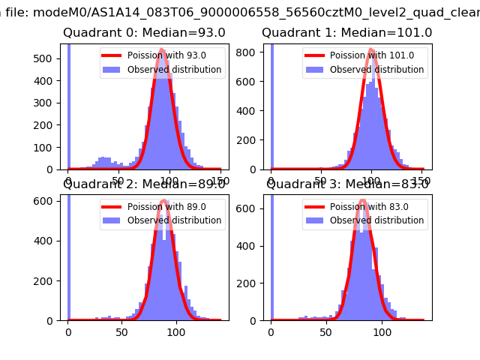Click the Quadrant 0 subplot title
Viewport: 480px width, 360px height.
click(133, 33)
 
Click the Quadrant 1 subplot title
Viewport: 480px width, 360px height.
click(346, 33)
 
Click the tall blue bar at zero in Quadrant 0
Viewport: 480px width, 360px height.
click(69, 105)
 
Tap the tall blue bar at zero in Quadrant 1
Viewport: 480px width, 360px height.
click(271, 105)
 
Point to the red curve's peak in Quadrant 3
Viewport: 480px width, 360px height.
click(363, 200)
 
